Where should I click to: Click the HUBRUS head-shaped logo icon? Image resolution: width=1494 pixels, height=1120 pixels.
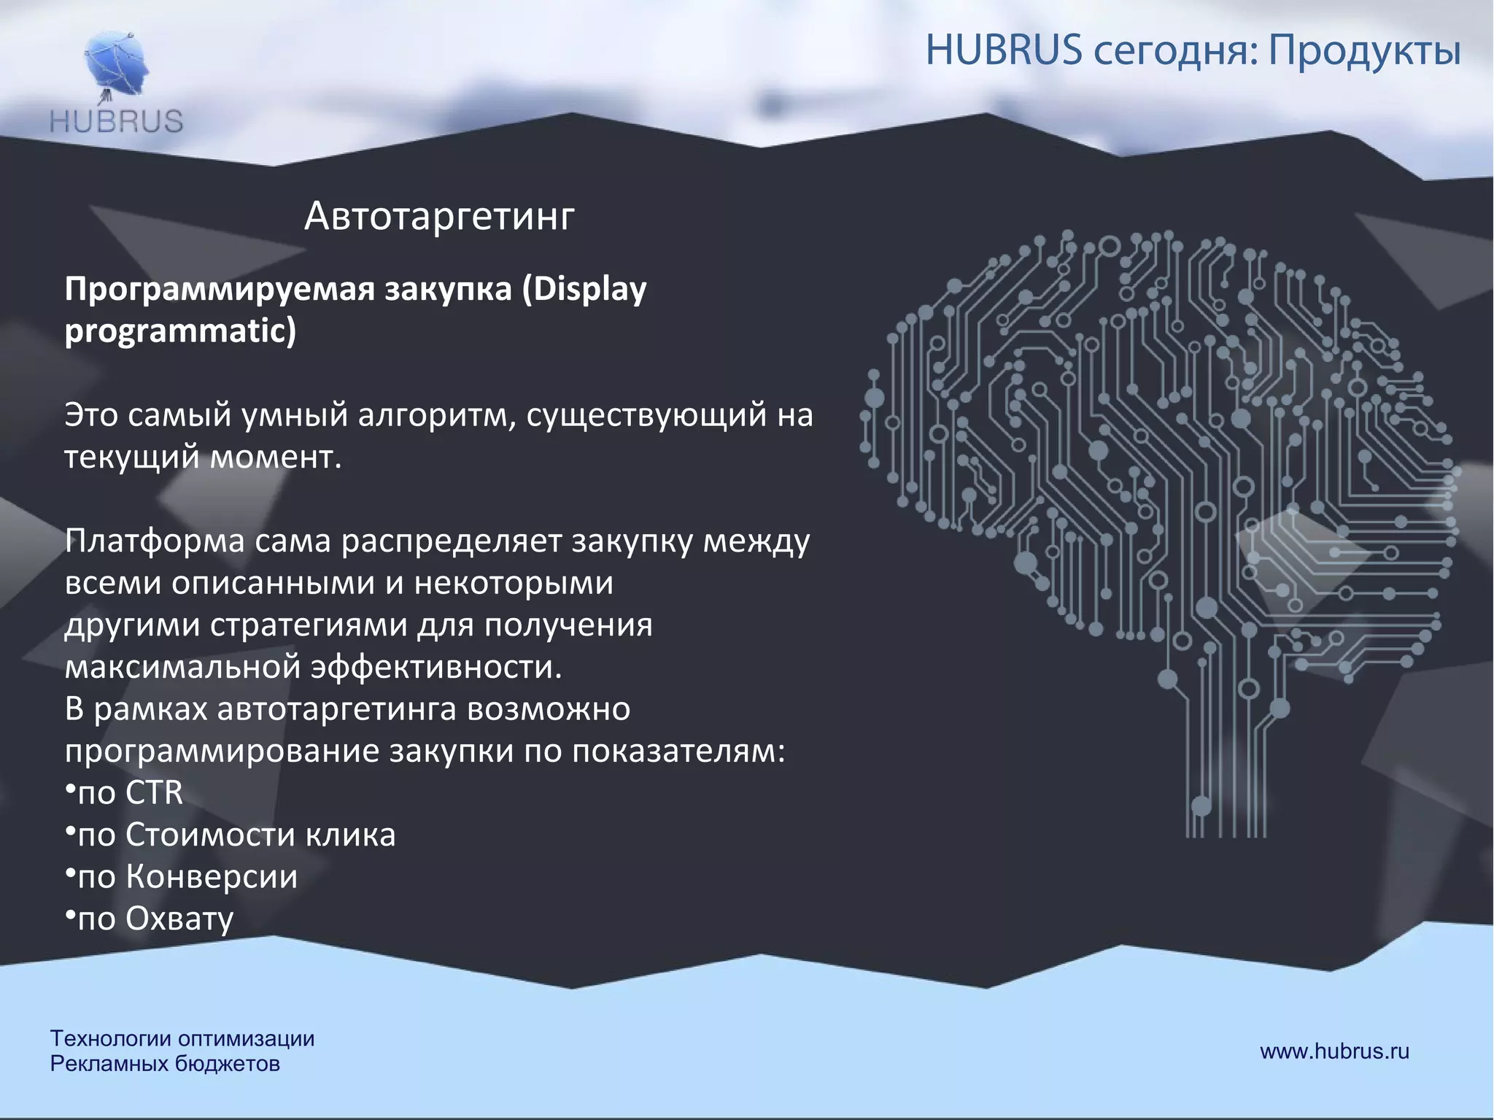click(117, 65)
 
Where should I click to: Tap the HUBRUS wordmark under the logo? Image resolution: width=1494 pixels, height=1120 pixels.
click(117, 121)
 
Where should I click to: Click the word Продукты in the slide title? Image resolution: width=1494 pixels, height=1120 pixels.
click(1363, 51)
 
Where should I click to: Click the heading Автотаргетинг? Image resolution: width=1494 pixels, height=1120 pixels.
click(439, 216)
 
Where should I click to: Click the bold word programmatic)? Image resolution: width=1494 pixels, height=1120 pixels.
click(180, 331)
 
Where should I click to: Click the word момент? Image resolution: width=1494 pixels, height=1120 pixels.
click(276, 457)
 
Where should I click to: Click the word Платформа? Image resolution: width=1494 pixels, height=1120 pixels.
click(154, 541)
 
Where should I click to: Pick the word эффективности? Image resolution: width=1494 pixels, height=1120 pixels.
click(436, 667)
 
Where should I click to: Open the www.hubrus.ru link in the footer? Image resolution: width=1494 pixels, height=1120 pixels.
click(1334, 1051)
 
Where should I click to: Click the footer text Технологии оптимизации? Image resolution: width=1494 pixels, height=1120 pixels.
click(182, 1038)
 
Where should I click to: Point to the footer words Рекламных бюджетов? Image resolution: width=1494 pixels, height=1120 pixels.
click(165, 1064)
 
